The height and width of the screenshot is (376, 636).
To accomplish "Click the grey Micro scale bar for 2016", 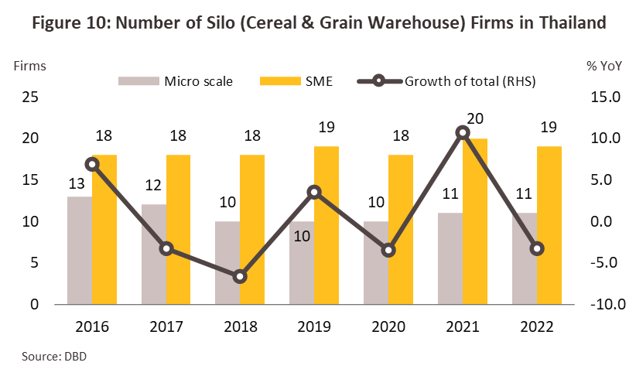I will [80, 251].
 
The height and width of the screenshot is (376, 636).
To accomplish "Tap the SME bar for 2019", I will [327, 225].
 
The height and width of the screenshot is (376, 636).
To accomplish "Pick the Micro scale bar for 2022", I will [524, 258].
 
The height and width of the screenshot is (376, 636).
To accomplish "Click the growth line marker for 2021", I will [463, 132].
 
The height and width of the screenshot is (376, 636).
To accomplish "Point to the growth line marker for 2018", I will [240, 276].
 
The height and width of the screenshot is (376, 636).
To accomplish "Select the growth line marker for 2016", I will [92, 164].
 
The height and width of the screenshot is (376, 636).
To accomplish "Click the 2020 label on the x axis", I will [388, 326].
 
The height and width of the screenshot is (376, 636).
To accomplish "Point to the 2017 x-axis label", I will [166, 326].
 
